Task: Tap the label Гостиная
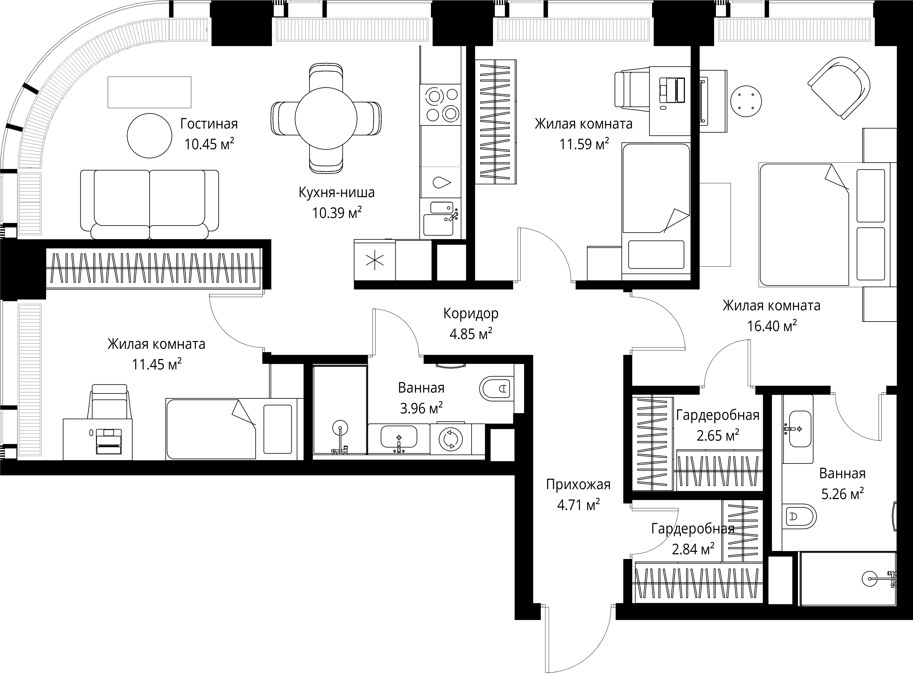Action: pyautogui.click(x=209, y=124)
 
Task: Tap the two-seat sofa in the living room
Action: pyautogui.click(x=149, y=204)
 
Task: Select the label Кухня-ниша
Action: pyautogui.click(x=337, y=192)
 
